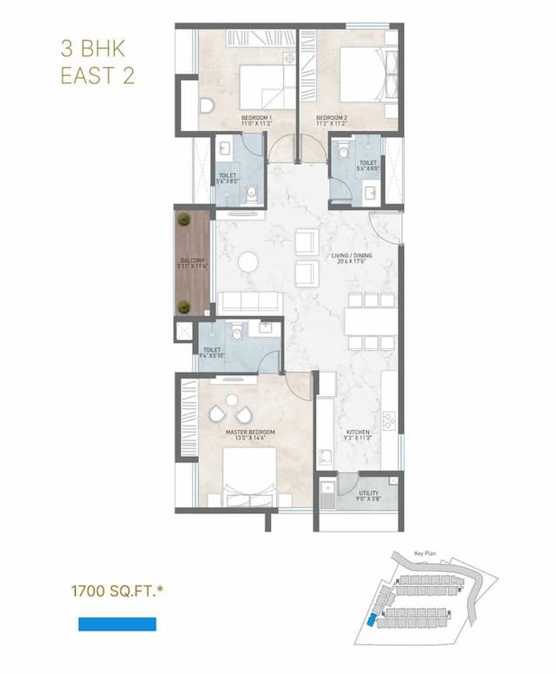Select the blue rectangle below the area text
point(117,624)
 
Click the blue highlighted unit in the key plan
point(373,620)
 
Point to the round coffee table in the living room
point(248,261)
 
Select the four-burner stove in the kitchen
point(389,420)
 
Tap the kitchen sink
point(323,457)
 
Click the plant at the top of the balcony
point(184,221)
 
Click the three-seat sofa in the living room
point(248,301)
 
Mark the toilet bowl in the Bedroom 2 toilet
point(345,153)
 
